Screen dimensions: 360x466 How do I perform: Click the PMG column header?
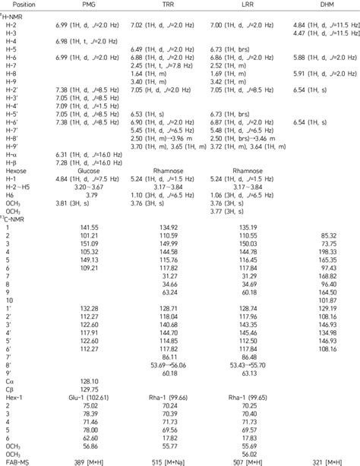88,5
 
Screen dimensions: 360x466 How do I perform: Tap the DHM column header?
318,5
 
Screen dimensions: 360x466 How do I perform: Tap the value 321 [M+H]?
318,461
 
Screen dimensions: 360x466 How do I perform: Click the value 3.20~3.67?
88,187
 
